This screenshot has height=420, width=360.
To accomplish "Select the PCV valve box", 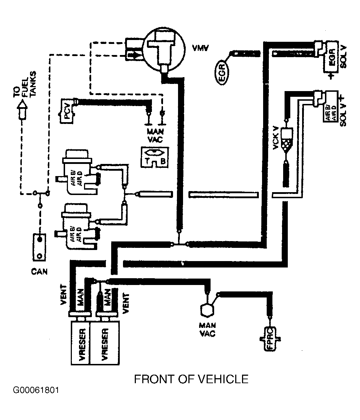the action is tap(67, 111).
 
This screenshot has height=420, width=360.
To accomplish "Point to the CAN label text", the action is tap(39, 272).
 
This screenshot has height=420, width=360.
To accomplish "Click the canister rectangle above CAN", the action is tap(39, 247).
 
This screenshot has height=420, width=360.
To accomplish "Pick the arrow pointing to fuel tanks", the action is tap(22, 110).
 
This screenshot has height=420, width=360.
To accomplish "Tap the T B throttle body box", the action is tap(155, 157).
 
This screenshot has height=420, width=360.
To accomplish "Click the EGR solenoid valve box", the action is tap(331, 57).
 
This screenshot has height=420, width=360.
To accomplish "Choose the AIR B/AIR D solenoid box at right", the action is tap(331, 106).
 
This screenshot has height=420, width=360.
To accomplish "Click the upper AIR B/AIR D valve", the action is tap(77, 172).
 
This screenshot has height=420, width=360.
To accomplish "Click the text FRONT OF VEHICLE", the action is tap(191, 379).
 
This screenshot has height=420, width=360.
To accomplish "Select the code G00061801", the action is tap(36, 390).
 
